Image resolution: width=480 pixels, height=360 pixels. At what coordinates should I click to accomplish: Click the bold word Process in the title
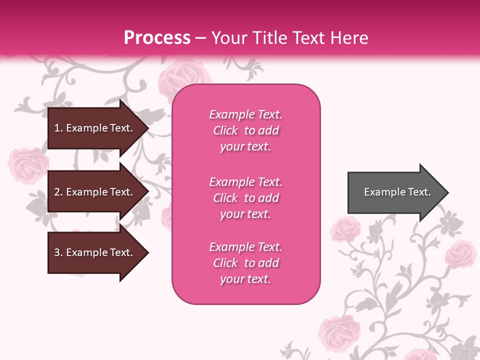pyautogui.click(x=157, y=38)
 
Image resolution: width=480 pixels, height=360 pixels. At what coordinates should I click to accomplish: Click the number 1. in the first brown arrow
pyautogui.click(x=58, y=128)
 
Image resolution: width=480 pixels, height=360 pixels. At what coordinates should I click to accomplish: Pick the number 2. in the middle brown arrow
pyautogui.click(x=58, y=192)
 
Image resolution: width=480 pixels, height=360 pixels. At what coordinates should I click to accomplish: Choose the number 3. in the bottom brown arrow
pyautogui.click(x=58, y=252)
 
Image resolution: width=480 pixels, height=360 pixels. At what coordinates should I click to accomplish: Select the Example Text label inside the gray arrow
pyautogui.click(x=397, y=192)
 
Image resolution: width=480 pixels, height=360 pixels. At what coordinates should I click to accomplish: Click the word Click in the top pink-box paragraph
pyautogui.click(x=225, y=130)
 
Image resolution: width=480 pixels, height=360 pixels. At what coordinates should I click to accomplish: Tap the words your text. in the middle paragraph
pyautogui.click(x=245, y=214)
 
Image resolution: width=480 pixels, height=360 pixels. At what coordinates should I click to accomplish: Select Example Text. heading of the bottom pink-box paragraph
pyautogui.click(x=245, y=247)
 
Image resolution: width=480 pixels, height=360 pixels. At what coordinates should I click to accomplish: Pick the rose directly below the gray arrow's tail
pyautogui.click(x=345, y=229)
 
